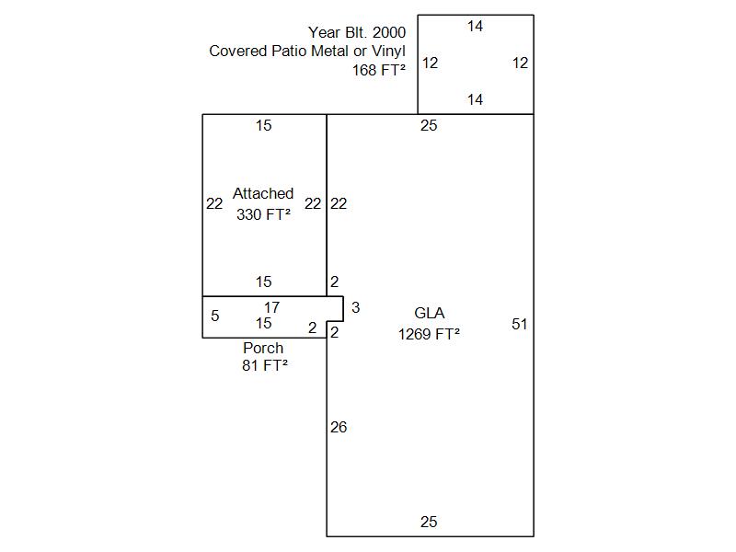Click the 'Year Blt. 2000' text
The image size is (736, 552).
[357, 32]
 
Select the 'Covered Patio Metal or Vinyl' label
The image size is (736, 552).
[307, 51]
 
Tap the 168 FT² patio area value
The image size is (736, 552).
[379, 70]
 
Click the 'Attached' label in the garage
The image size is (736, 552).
[263, 193]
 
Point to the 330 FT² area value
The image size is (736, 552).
[263, 214]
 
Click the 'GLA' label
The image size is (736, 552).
[429, 313]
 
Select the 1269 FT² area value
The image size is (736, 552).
[429, 334]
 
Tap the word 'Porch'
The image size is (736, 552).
[263, 349]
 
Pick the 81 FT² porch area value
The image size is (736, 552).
[265, 365]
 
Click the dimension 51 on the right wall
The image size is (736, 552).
[520, 324]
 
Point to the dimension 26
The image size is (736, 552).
[339, 427]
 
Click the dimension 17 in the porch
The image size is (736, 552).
[271, 307]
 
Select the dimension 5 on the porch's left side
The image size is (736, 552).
[215, 316]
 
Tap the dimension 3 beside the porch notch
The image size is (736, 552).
[356, 307]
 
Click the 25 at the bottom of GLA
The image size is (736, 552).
[429, 522]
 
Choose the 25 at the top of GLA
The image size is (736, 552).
[429, 125]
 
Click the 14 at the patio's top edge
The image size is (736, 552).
[475, 26]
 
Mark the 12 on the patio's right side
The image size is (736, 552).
[520, 63]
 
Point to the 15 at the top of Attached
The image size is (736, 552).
[264, 125]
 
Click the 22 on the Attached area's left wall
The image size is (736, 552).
[214, 203]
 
